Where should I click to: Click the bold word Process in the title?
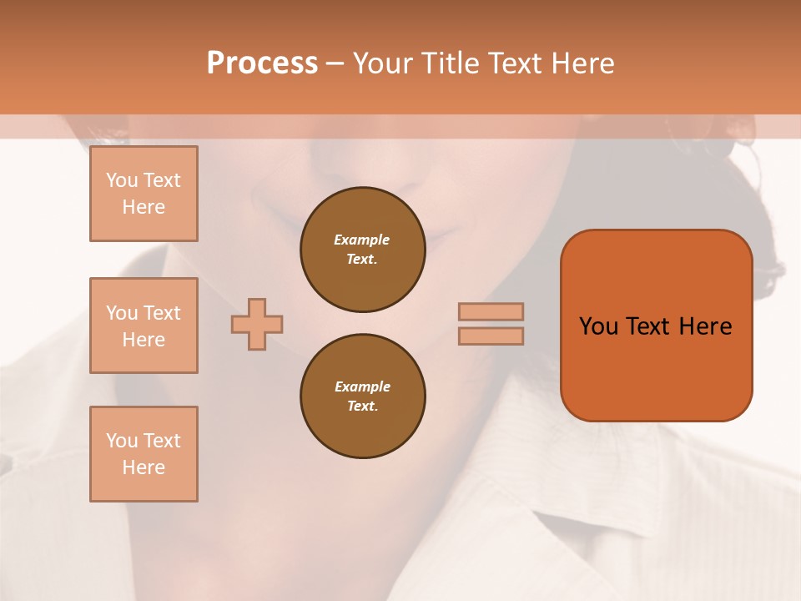262,63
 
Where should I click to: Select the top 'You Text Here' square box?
144,194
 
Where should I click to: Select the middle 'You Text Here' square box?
144,326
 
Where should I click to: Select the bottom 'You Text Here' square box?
144,454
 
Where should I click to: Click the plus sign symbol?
257,324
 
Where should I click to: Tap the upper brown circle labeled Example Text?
362,250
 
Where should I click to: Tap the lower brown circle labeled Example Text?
362,396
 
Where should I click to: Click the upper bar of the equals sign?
491,311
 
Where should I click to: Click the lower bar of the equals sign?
491,336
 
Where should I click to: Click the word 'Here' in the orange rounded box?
705,326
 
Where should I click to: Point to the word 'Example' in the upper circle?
362,240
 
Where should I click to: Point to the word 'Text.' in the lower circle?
362,407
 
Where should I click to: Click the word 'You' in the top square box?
122,180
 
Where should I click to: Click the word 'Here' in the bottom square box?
144,467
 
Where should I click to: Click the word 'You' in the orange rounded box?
598,326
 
